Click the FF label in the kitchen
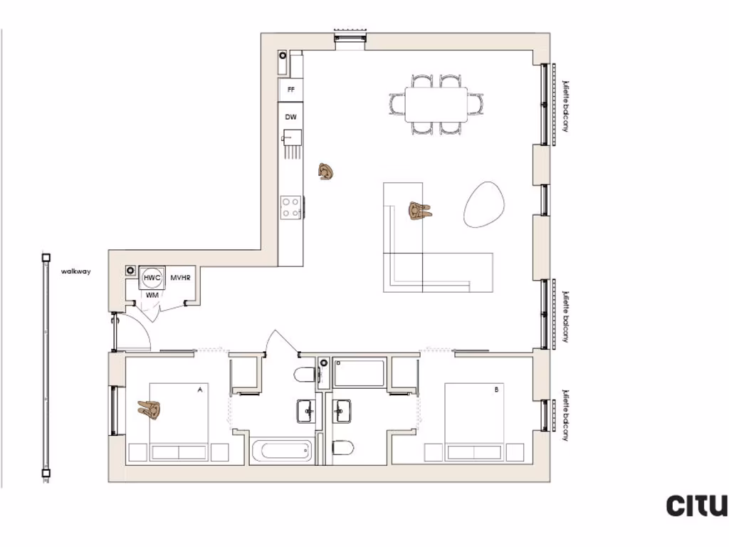[x=290, y=90]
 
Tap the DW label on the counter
[x=290, y=116]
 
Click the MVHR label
[x=180, y=278]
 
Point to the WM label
[x=152, y=294]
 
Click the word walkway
[x=75, y=271]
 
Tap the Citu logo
[x=696, y=505]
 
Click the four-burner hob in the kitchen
[x=290, y=207]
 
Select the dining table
[x=436, y=104]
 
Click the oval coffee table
[x=486, y=204]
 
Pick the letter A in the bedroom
[x=200, y=390]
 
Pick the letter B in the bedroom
[x=496, y=390]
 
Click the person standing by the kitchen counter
[x=326, y=172]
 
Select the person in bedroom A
[x=150, y=409]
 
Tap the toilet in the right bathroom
[x=342, y=448]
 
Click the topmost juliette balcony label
[x=565, y=105]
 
